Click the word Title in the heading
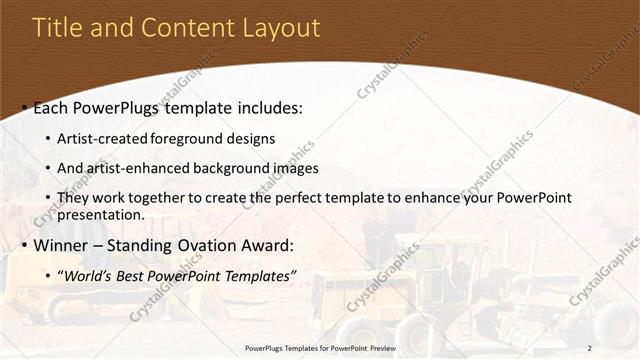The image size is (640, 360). pyautogui.click(x=58, y=28)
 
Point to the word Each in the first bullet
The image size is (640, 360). pyautogui.click(x=52, y=108)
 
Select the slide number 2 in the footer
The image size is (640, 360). pyautogui.click(x=589, y=348)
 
